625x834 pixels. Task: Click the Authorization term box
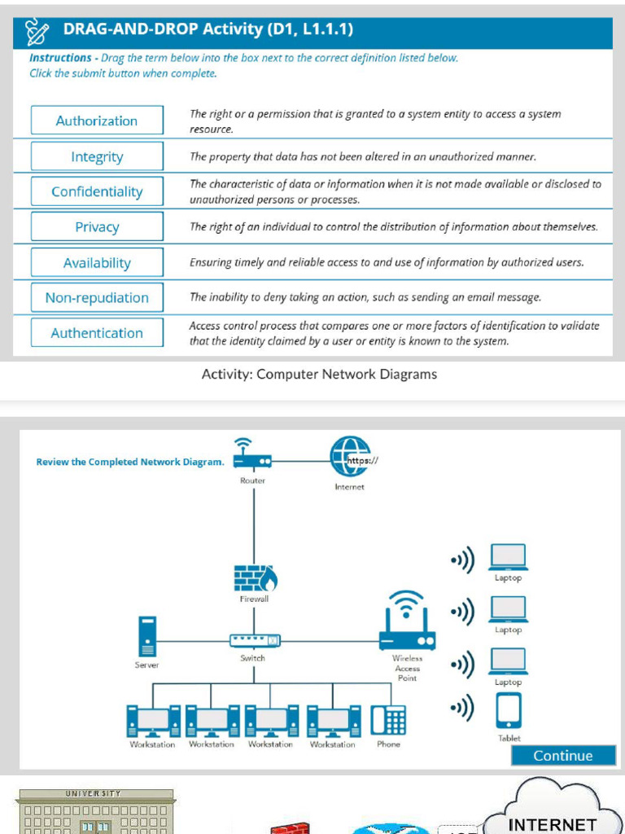(97, 121)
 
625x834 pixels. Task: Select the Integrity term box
(97, 156)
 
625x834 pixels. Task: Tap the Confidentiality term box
(97, 191)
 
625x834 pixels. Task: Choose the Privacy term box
(97, 227)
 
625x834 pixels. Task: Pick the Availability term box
(97, 263)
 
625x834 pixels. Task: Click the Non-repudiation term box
(97, 298)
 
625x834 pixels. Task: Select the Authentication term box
(97, 333)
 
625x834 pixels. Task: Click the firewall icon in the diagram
(255, 577)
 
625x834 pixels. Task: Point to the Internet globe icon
(350, 457)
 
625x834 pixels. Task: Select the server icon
(147, 636)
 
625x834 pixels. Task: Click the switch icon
(255, 641)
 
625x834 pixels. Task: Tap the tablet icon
(509, 711)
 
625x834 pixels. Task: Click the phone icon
(388, 720)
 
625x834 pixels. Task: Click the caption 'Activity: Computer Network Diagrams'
(319, 375)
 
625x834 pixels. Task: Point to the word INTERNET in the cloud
(552, 824)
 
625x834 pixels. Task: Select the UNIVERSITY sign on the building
(93, 793)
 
